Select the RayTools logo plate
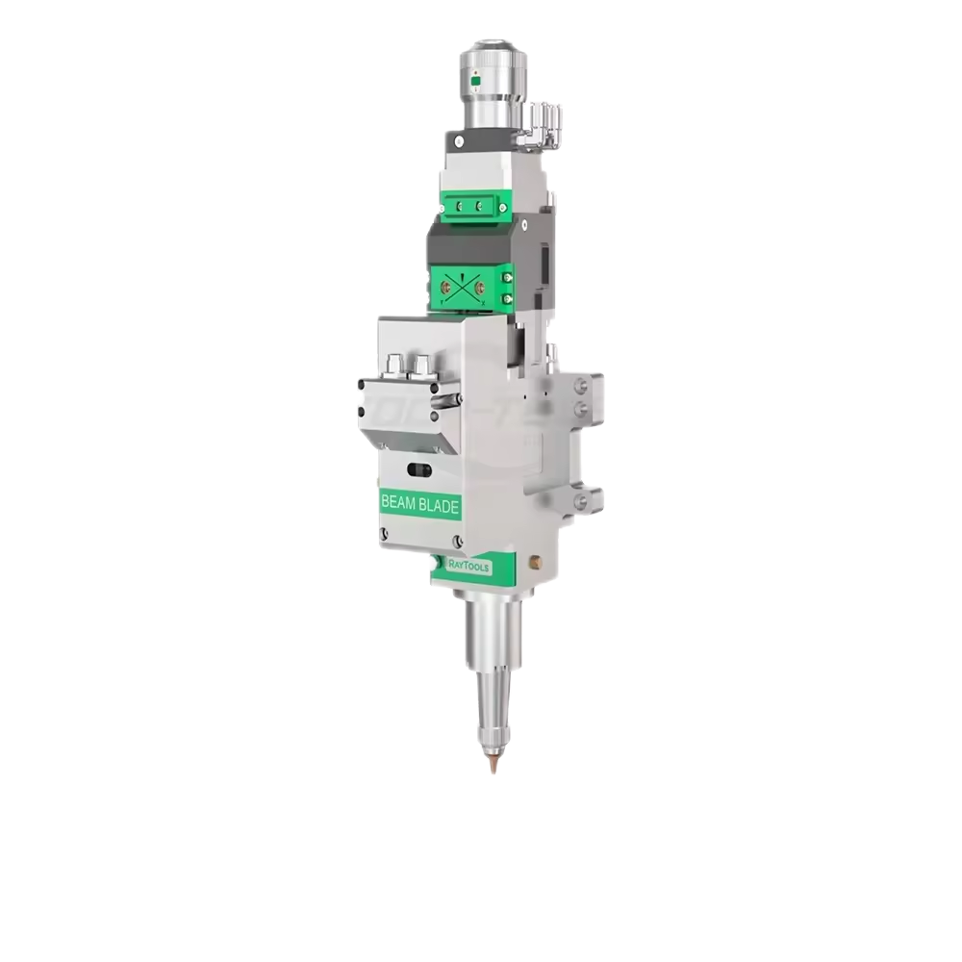point(468,568)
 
